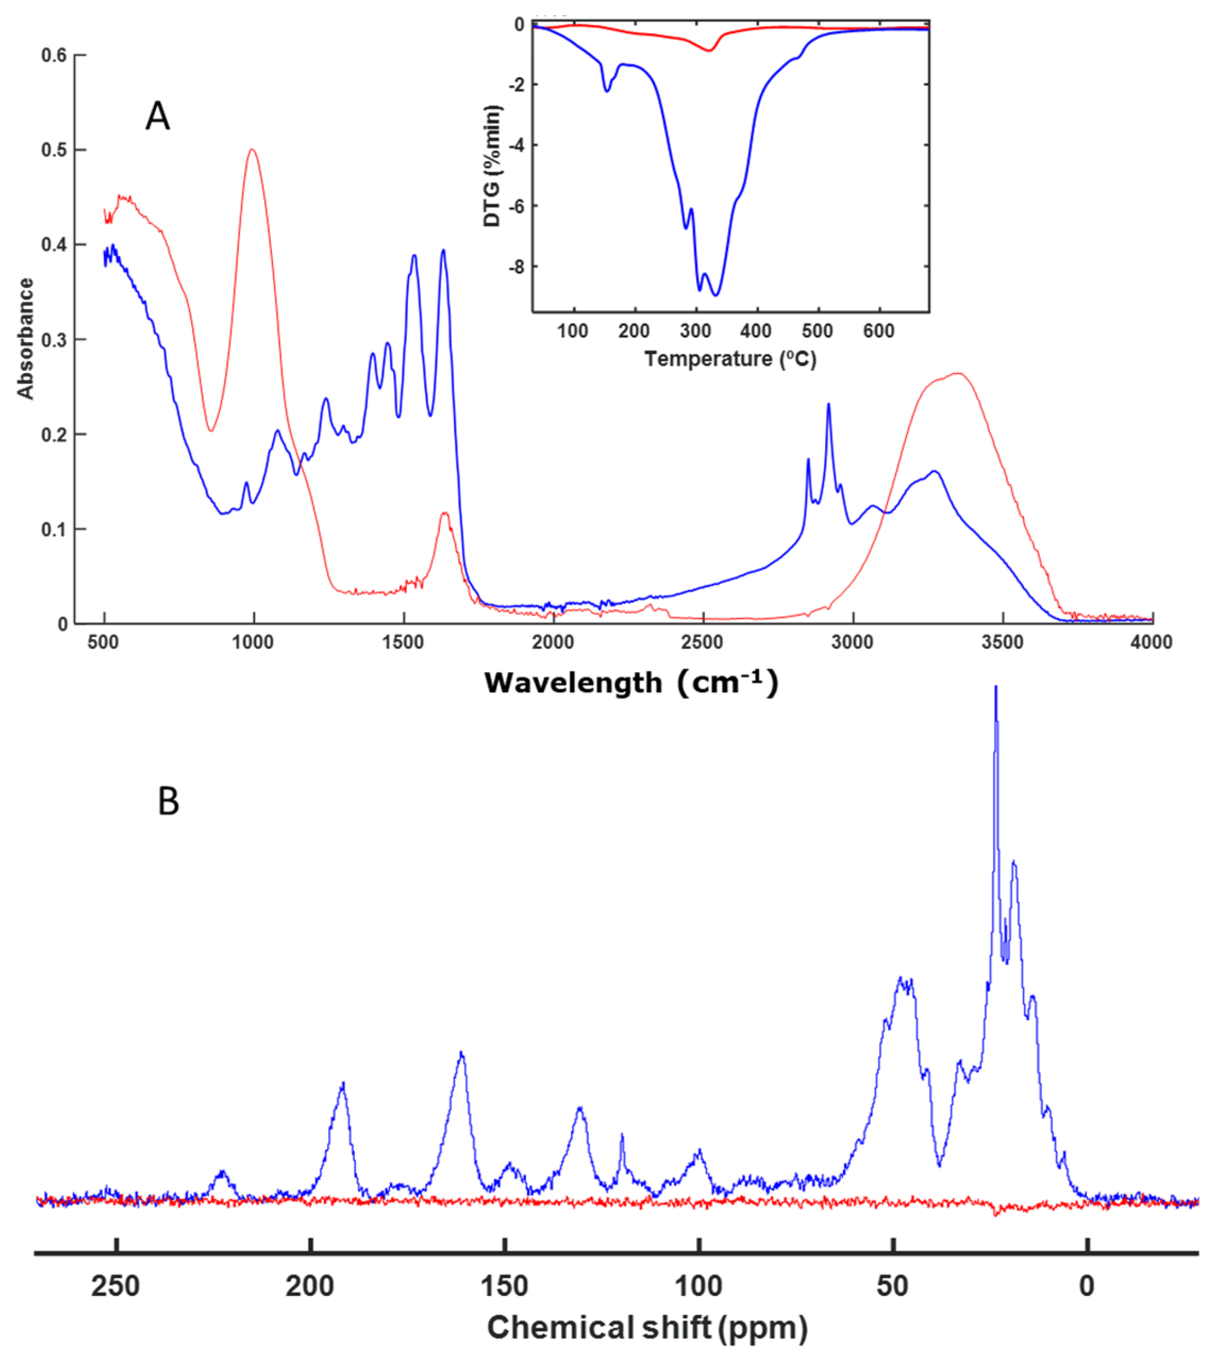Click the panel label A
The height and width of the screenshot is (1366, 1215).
coord(158,116)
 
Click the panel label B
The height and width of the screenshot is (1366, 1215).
coord(168,801)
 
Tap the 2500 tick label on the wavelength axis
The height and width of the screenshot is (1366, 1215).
coord(702,643)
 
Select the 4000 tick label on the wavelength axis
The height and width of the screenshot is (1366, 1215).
coord(1152,643)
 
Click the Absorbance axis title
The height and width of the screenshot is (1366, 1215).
coord(25,339)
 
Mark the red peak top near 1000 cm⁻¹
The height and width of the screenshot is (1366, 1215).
coord(252,150)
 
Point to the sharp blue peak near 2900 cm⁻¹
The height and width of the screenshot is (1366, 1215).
coord(828,404)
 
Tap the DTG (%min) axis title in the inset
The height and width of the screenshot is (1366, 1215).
coord(493,166)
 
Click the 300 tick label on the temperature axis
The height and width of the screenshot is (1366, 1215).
coord(696,332)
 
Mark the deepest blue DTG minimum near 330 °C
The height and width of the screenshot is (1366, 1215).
coord(716,294)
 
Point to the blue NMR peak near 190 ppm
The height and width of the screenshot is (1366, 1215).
coord(343,1083)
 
